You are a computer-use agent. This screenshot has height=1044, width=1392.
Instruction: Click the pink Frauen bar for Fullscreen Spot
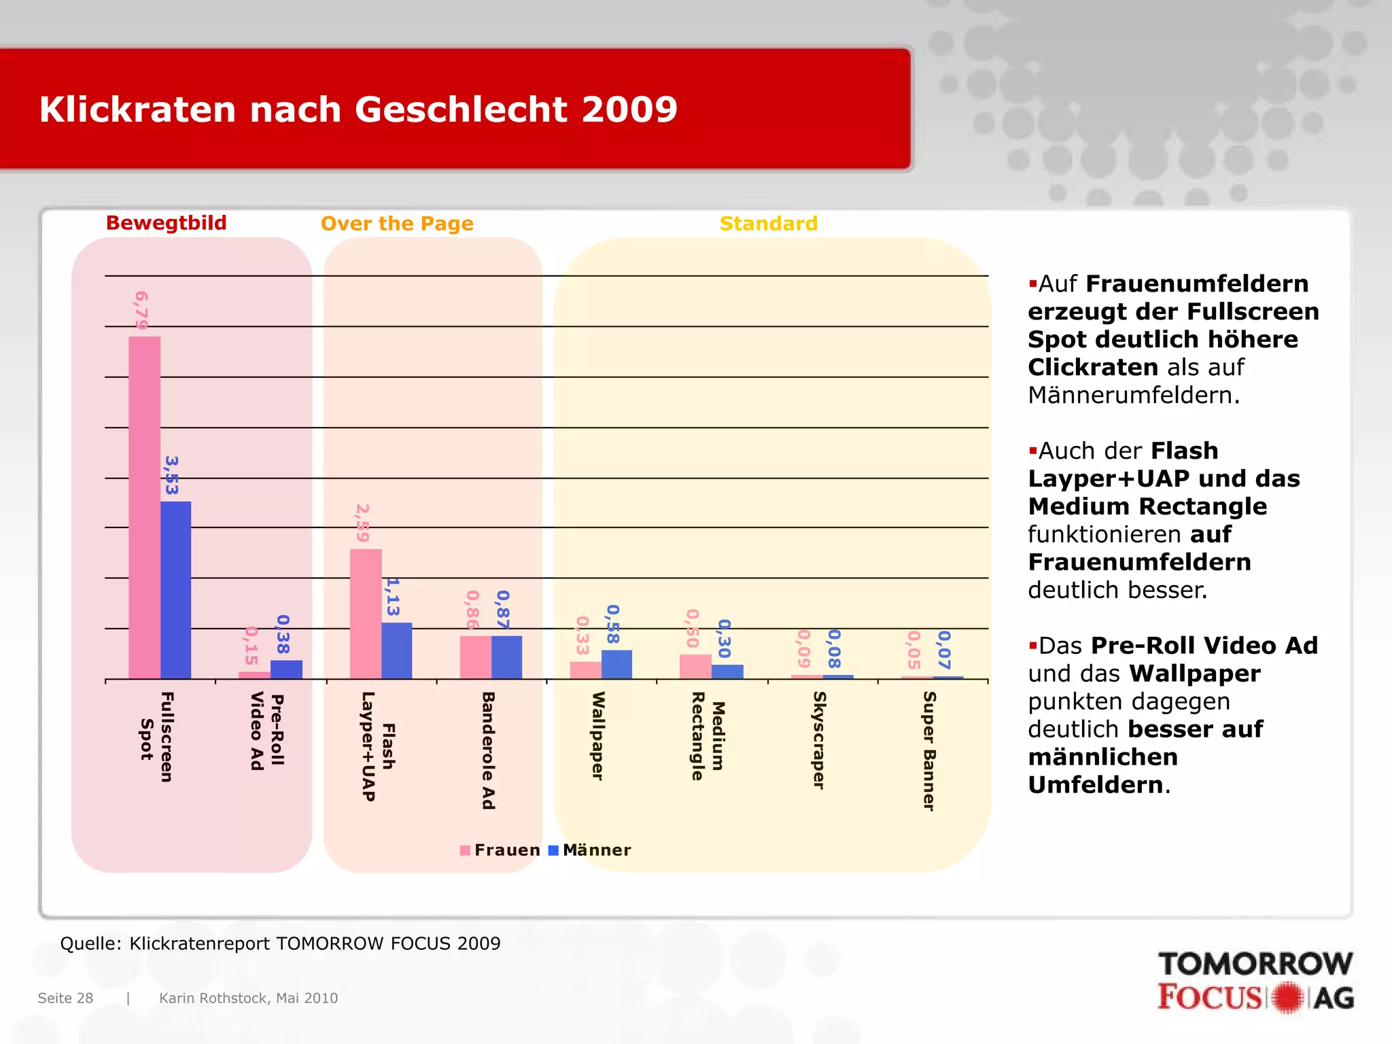click(144, 507)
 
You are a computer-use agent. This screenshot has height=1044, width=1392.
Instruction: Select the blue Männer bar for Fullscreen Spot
click(175, 590)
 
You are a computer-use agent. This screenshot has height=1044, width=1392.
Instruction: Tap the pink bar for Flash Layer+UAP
click(366, 613)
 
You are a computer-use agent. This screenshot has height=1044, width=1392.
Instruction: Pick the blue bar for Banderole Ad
click(506, 657)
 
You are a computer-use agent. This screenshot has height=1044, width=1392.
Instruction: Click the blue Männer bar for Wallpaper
click(616, 664)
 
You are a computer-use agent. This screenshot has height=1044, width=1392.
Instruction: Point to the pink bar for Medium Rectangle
click(695, 666)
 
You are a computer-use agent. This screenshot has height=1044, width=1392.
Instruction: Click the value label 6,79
click(141, 310)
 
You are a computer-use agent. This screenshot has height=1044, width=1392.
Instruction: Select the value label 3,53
click(171, 475)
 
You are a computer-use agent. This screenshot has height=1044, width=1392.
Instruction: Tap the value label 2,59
click(363, 523)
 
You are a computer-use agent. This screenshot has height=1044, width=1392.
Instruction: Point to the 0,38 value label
click(283, 634)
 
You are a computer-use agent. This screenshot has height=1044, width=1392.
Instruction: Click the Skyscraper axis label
click(819, 740)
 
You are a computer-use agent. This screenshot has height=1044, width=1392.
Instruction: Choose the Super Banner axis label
click(929, 750)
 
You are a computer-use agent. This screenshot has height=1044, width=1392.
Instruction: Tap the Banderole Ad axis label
click(488, 750)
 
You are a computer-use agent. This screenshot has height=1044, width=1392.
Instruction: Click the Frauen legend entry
click(500, 850)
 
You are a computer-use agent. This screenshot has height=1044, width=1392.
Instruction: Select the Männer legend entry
click(589, 850)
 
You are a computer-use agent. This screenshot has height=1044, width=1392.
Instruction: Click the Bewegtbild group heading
click(167, 223)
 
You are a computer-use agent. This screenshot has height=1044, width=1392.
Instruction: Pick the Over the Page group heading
click(397, 224)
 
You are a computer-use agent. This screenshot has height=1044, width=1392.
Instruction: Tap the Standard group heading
click(769, 224)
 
